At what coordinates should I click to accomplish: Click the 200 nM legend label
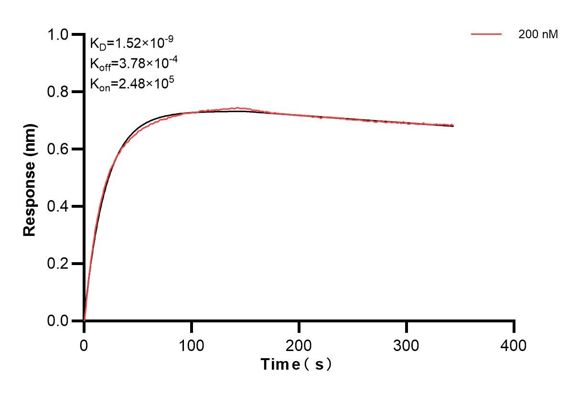click(538, 34)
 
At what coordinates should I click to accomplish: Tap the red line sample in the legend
click(486, 34)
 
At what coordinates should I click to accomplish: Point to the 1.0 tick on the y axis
click(59, 35)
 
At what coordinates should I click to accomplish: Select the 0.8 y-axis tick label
click(59, 92)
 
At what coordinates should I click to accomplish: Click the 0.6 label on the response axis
click(59, 149)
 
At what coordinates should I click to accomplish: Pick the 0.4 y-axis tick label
click(59, 206)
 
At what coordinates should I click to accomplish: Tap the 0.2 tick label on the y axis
click(59, 264)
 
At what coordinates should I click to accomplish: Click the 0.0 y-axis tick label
click(59, 321)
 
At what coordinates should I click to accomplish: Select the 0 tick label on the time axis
click(84, 345)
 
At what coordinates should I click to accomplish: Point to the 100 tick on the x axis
click(192, 345)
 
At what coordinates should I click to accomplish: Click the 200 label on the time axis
click(299, 345)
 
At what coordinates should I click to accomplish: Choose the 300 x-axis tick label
click(407, 345)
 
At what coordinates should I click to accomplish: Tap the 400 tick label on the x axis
click(514, 345)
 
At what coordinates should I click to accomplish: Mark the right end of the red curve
click(453, 126)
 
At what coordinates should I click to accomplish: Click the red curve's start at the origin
click(85, 320)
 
